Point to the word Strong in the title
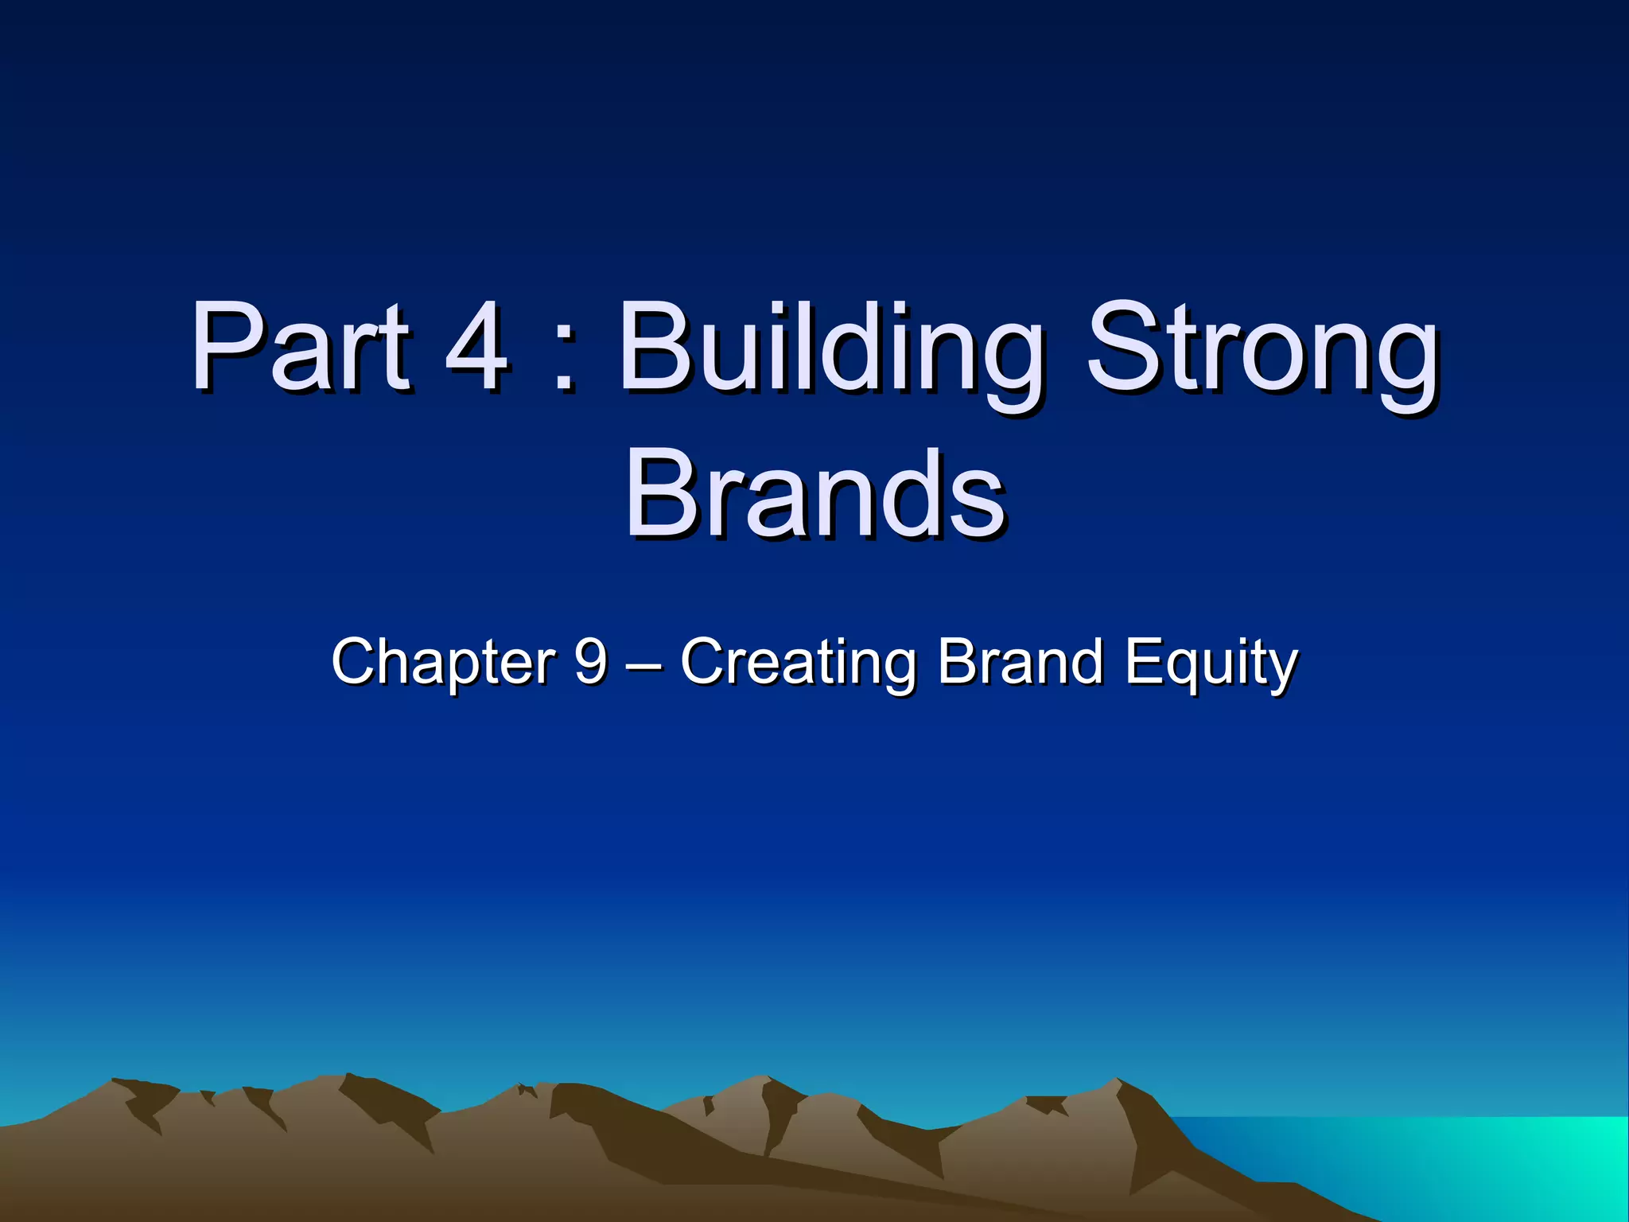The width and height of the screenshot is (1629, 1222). [x=1262, y=350]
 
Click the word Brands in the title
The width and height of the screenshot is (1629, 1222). [x=814, y=493]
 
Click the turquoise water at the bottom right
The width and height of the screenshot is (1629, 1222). [x=1472, y=1162]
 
